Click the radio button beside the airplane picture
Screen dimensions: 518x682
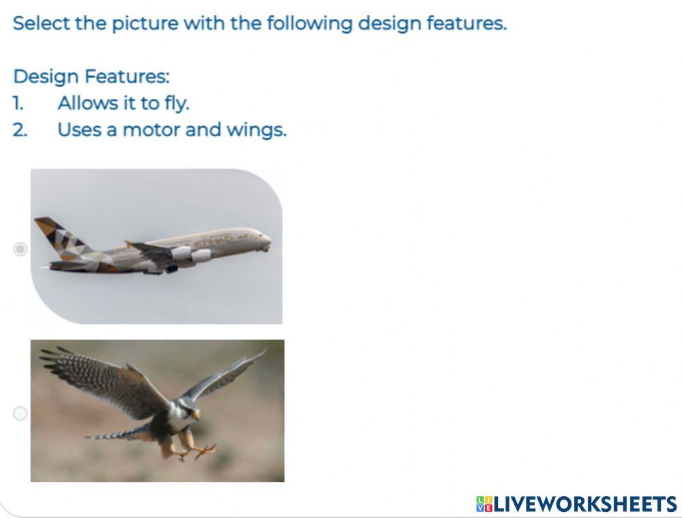pos(20,249)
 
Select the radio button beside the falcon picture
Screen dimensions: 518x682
pos(20,413)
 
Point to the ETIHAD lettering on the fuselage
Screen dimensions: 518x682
pos(213,241)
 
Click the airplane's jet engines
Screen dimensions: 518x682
pos(191,255)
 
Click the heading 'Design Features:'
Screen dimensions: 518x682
pos(91,76)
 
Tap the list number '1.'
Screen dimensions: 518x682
pos(18,104)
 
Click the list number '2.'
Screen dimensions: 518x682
pos(20,129)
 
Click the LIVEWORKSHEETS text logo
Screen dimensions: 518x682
pos(585,504)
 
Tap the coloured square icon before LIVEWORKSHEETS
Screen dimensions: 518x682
pos(484,504)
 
